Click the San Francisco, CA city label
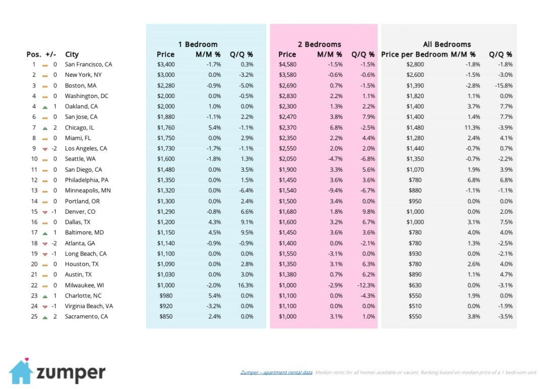pyautogui.click(x=88, y=65)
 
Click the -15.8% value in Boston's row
pyautogui.click(x=503, y=86)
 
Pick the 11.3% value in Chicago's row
pyautogui.click(x=467, y=128)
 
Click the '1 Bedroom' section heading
pyautogui.click(x=198, y=44)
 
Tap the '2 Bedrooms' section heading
pyautogui.click(x=319, y=44)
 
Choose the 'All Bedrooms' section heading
pyautogui.click(x=446, y=44)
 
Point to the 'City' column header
pyautogui.click(x=72, y=55)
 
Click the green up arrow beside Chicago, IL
pyautogui.click(x=45, y=128)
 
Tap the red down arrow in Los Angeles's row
pyautogui.click(x=45, y=149)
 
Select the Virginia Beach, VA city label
pyautogui.click(x=88, y=306)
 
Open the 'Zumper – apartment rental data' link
pyautogui.click(x=276, y=373)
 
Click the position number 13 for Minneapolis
pyautogui.click(x=34, y=190)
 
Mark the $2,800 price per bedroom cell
pyautogui.click(x=415, y=65)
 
